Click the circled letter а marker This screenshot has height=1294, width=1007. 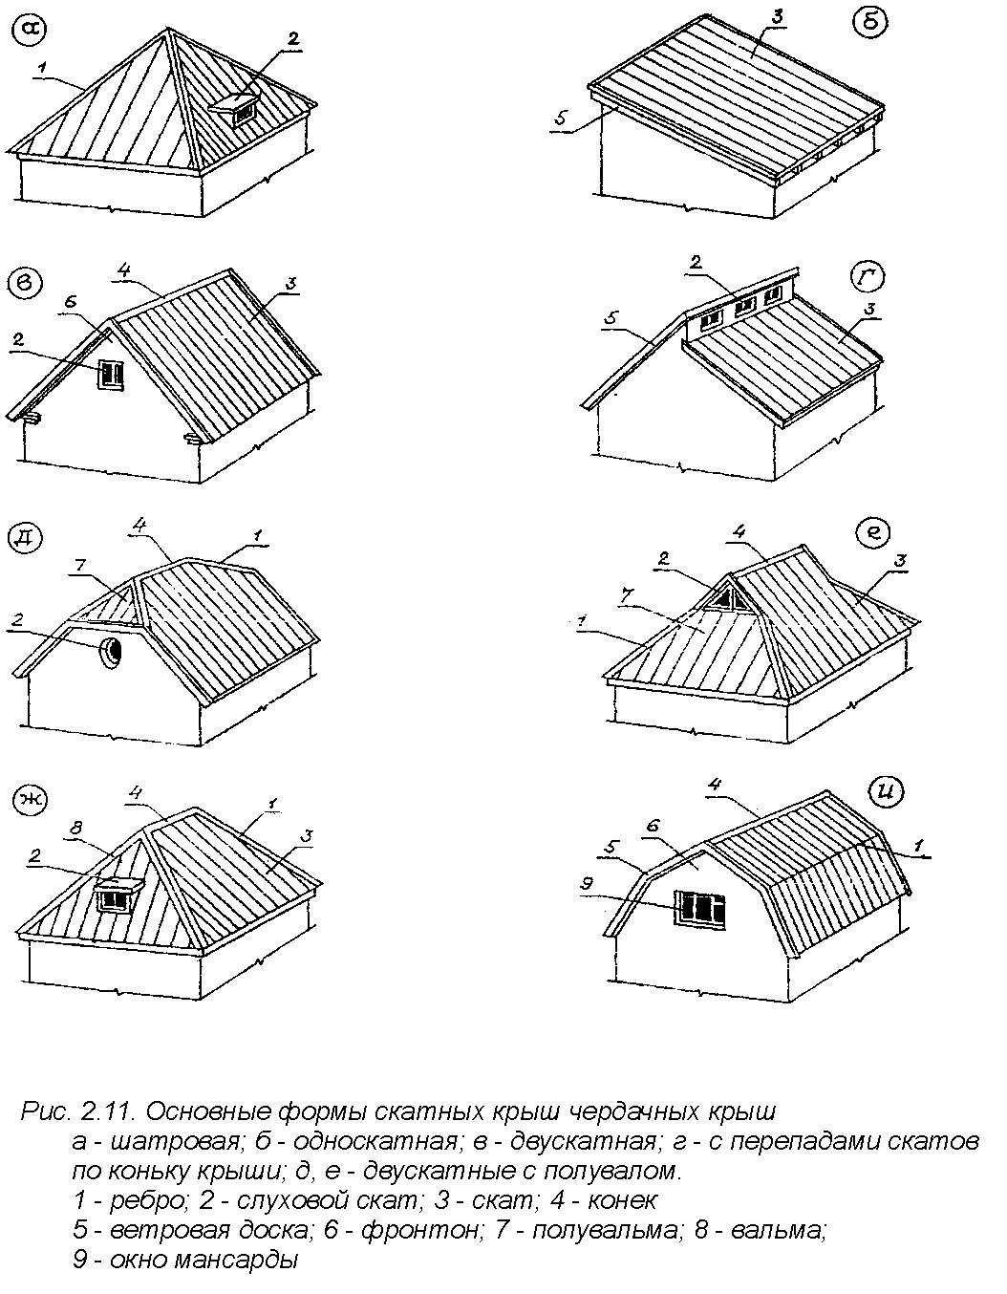[x=30, y=31]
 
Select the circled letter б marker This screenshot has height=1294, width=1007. [x=870, y=25]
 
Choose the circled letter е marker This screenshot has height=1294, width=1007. [x=873, y=531]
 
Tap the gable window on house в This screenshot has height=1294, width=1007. [x=111, y=374]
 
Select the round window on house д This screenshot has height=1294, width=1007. [x=111, y=651]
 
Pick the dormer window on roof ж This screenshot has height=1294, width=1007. [x=118, y=895]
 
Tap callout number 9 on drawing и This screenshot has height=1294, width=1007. [x=588, y=883]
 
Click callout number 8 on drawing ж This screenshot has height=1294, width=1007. [x=77, y=827]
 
